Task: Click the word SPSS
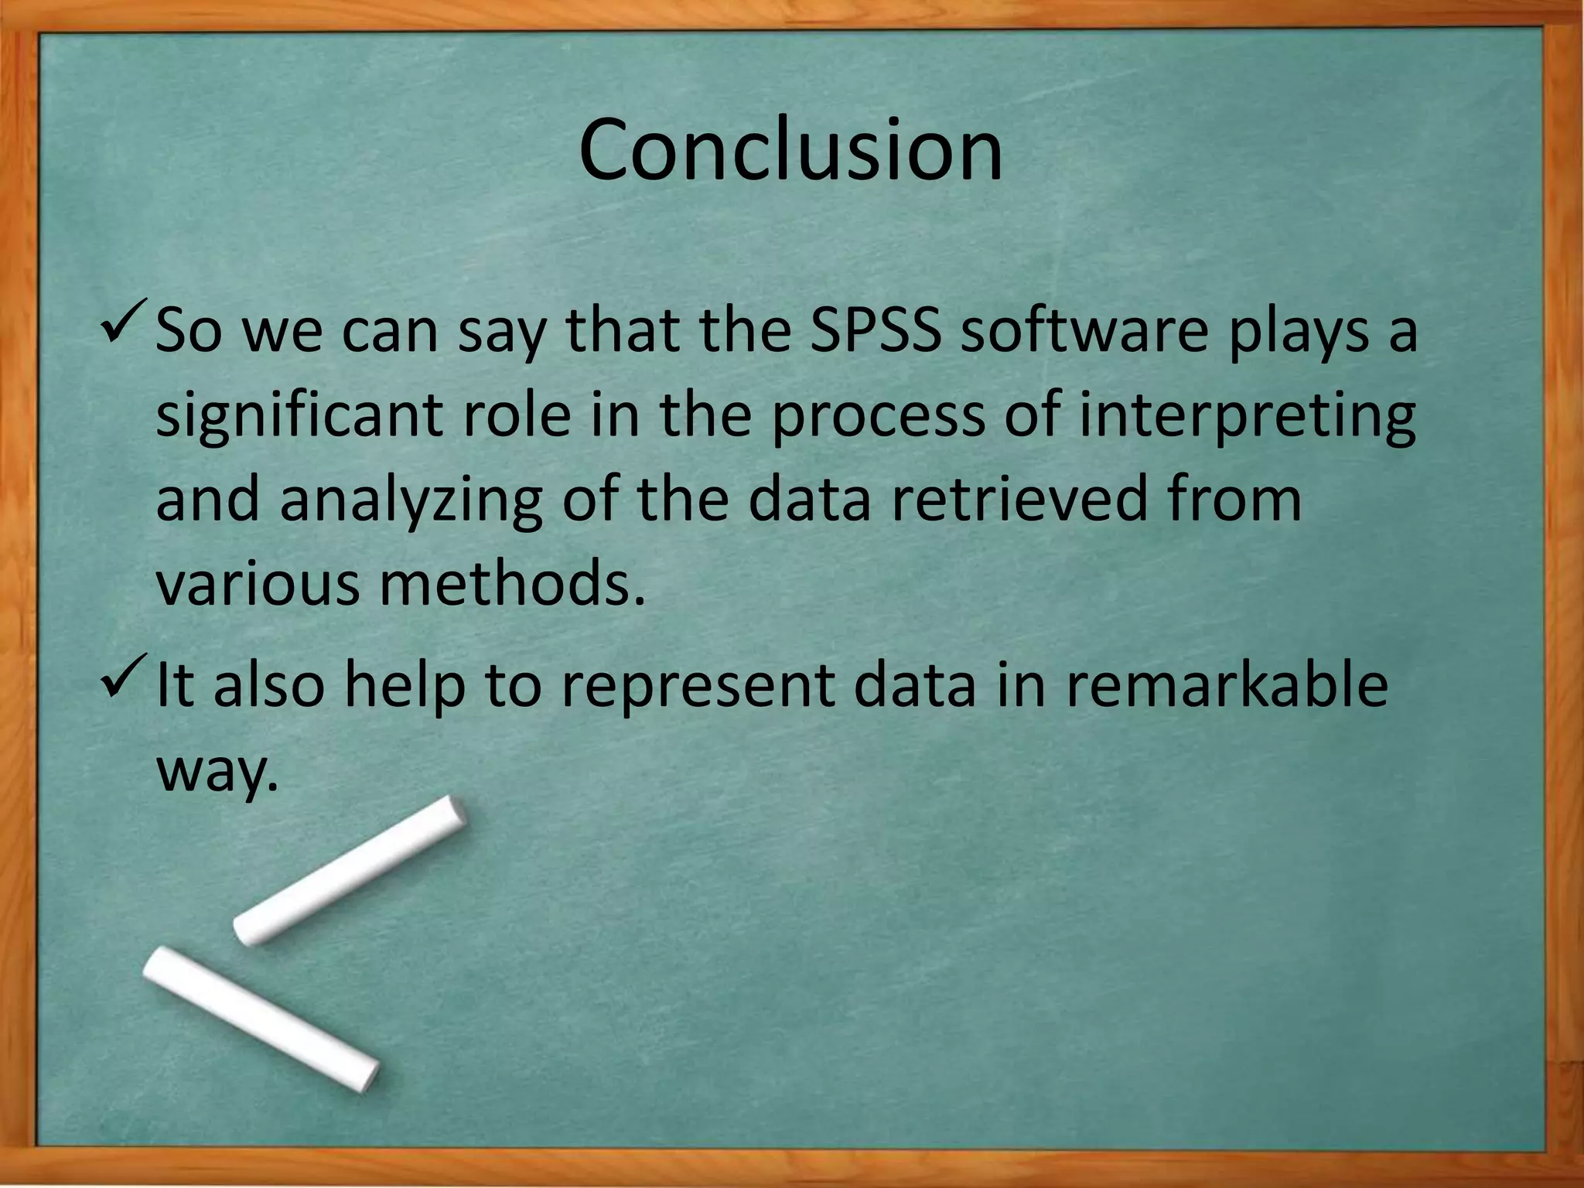876,330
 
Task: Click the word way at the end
216,772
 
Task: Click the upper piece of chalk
350,870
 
